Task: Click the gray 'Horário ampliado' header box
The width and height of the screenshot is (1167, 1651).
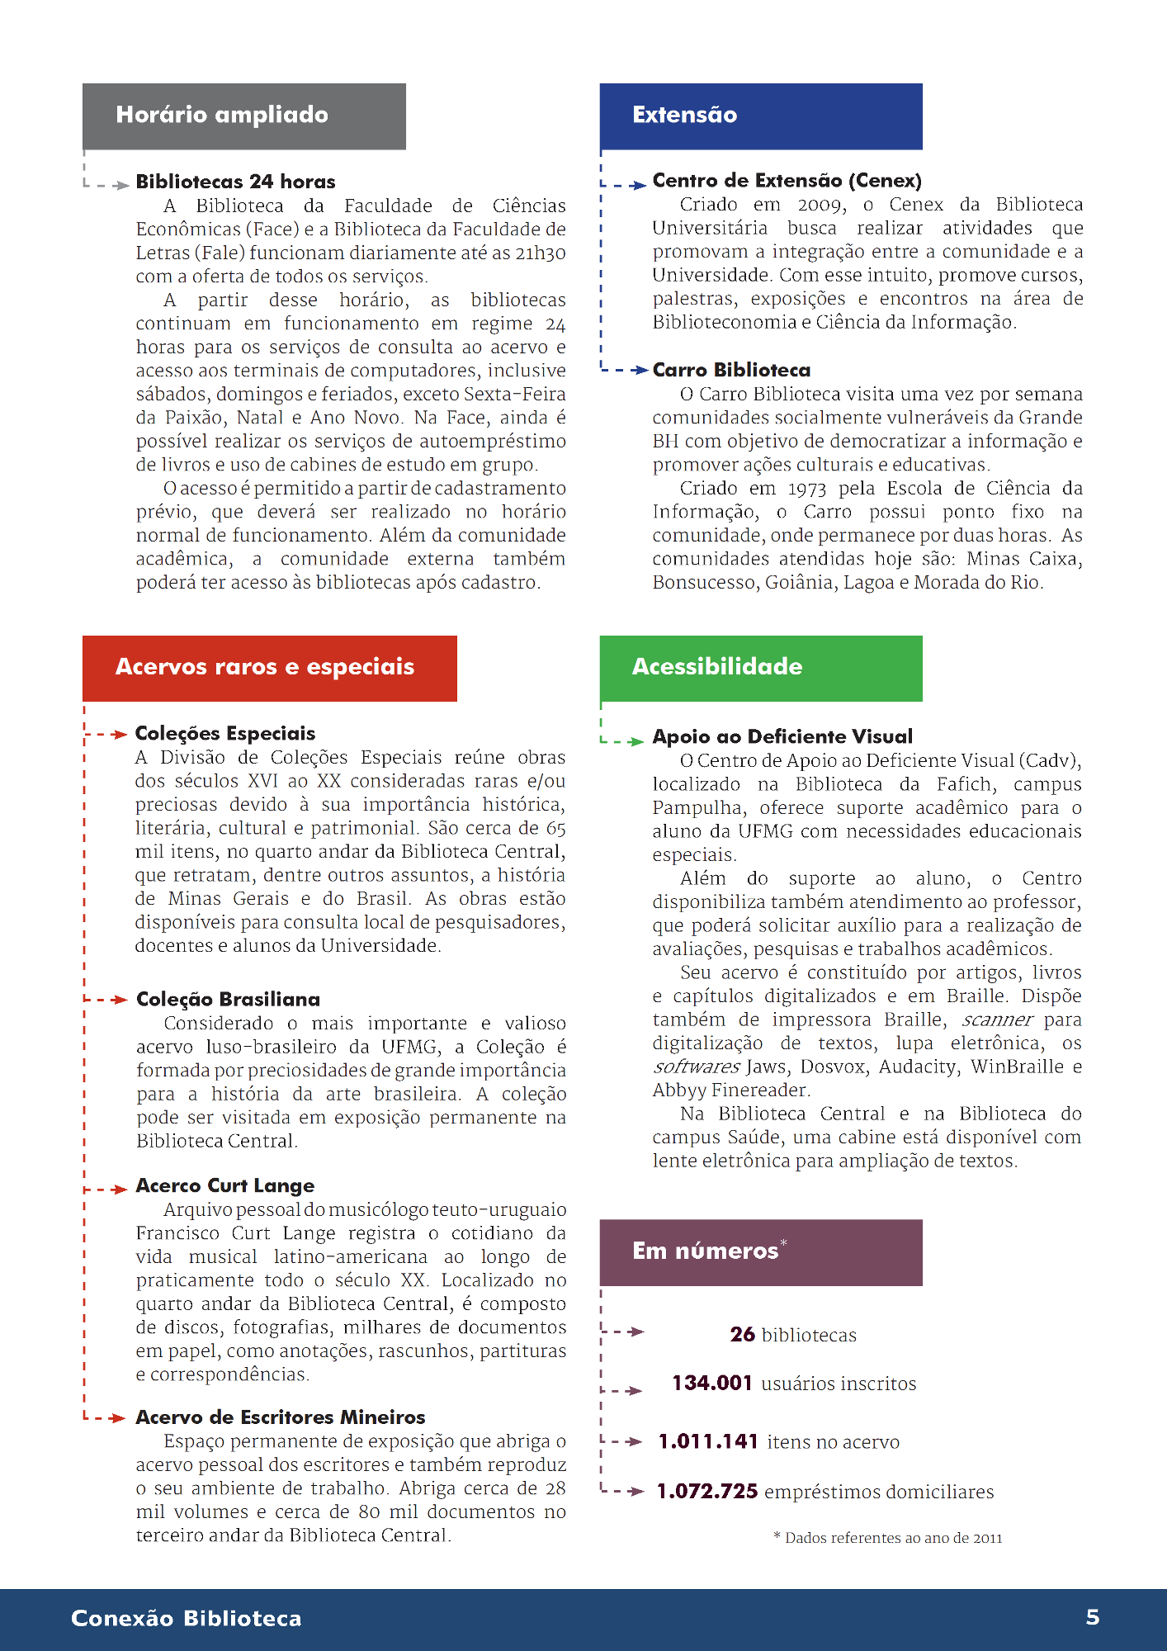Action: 243,116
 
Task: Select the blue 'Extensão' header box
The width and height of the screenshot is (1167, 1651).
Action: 760,116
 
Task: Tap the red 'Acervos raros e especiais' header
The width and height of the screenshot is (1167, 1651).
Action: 269,668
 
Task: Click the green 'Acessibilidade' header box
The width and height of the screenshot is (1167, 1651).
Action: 760,668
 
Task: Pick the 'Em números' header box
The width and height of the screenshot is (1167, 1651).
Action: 760,1251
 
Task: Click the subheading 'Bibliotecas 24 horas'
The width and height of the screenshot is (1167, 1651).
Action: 235,182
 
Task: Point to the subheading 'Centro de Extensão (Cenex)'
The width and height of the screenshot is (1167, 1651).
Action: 787,181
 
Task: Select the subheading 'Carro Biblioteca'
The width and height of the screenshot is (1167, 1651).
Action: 731,370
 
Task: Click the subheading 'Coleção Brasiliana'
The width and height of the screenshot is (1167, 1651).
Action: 228,1000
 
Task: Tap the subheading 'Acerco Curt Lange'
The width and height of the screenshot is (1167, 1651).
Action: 225,1185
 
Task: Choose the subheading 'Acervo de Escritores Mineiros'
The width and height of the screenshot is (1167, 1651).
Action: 281,1417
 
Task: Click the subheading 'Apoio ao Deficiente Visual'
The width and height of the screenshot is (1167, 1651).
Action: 782,736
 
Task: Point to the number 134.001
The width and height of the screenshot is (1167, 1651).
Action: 712,1383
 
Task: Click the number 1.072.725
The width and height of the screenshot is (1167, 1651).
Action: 707,1492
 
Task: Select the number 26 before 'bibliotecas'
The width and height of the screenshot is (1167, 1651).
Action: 742,1334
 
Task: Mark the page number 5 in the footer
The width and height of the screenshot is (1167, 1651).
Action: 1092,1617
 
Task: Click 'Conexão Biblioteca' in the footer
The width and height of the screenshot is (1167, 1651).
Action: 187,1618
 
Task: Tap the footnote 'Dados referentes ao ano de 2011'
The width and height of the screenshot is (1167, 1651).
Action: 893,1538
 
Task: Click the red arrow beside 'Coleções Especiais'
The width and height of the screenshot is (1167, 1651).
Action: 119,734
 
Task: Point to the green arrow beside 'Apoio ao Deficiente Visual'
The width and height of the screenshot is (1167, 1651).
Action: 635,741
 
